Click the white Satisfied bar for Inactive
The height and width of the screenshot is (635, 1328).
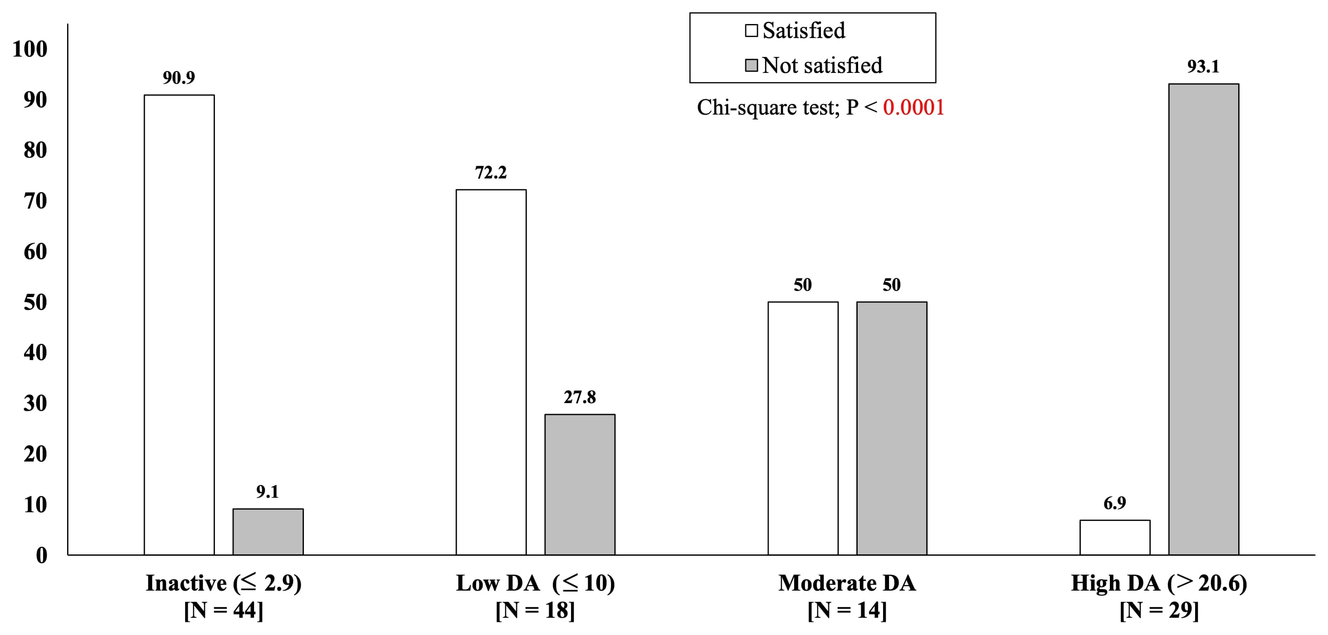pyautogui.click(x=179, y=324)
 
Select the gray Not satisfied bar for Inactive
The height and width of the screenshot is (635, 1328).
pyautogui.click(x=268, y=531)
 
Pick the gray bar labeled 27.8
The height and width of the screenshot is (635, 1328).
pyautogui.click(x=580, y=484)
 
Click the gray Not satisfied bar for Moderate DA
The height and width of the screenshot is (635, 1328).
pyautogui.click(x=891, y=428)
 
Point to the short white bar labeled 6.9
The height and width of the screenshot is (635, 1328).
pyautogui.click(x=1114, y=537)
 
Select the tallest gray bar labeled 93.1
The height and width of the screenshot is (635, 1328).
pyautogui.click(x=1203, y=319)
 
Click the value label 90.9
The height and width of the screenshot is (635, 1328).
pyautogui.click(x=178, y=78)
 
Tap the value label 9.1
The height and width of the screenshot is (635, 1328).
pyautogui.click(x=267, y=492)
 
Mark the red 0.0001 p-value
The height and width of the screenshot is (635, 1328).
pyautogui.click(x=913, y=108)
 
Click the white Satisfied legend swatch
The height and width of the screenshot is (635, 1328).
pyautogui.click(x=751, y=30)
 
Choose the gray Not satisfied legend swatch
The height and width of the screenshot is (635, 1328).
pyautogui.click(x=751, y=65)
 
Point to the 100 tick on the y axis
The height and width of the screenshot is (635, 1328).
pyautogui.click(x=30, y=49)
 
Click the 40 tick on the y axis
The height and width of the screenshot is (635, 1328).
pyautogui.click(x=35, y=353)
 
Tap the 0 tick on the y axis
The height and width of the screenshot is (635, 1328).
pyautogui.click(x=41, y=555)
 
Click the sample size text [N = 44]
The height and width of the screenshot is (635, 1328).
pyautogui.click(x=223, y=610)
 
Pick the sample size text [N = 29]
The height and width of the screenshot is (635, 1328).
pyautogui.click(x=1158, y=610)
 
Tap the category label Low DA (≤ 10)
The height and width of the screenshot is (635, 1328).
pyautogui.click(x=535, y=583)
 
